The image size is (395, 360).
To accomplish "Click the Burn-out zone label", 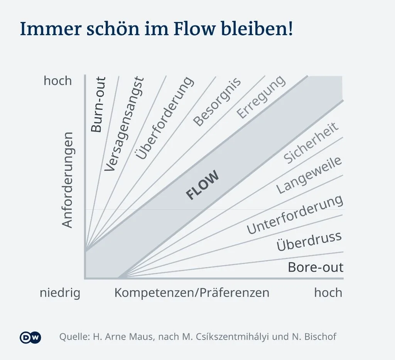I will click(x=98, y=105).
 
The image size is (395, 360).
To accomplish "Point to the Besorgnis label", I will click(x=217, y=102).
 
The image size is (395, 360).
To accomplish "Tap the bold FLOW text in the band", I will click(x=203, y=185).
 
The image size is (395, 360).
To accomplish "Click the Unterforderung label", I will click(x=295, y=214).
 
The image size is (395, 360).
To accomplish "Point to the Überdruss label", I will click(x=309, y=241).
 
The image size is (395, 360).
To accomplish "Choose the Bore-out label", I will click(x=316, y=267).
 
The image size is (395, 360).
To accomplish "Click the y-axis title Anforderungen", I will click(x=68, y=180).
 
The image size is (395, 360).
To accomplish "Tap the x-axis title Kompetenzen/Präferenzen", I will click(x=192, y=293).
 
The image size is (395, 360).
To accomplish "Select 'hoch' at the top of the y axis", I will click(x=58, y=81).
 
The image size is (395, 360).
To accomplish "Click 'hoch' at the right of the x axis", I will click(x=328, y=293).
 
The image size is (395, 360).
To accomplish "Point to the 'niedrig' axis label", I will click(x=60, y=293).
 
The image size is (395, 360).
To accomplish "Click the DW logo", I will click(x=30, y=337).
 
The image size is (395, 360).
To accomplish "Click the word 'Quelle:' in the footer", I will click(x=74, y=337).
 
